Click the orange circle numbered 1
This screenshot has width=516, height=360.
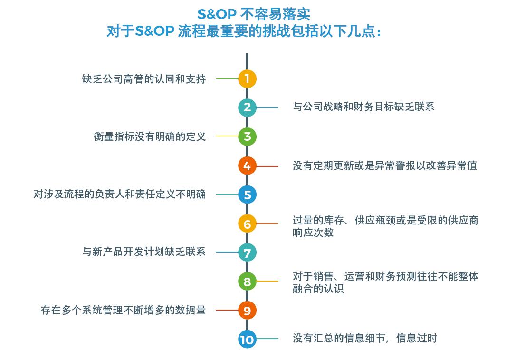click(247, 79)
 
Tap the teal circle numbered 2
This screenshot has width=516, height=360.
click(247, 107)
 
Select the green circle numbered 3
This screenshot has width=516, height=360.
click(247, 136)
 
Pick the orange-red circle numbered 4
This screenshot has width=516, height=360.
click(247, 166)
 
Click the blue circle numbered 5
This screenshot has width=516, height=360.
click(247, 195)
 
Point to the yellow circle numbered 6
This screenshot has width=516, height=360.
click(247, 224)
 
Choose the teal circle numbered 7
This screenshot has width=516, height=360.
click(247, 253)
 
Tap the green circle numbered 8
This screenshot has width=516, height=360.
click(247, 282)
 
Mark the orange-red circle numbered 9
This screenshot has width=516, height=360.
click(247, 310)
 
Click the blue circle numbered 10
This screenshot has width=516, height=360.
click(247, 339)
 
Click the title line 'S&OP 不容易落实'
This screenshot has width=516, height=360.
click(254, 14)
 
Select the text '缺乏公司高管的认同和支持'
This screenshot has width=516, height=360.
click(144, 79)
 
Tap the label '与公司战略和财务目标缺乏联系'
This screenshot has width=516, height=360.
click(363, 107)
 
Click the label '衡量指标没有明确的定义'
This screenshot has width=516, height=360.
click(150, 136)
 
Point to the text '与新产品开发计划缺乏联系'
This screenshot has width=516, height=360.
click(144, 252)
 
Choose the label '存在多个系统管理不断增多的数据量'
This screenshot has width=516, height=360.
click(124, 310)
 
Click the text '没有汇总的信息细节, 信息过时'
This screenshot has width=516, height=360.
click(365, 338)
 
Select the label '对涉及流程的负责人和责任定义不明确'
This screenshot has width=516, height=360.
click(120, 195)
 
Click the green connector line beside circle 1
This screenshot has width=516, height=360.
click(228, 79)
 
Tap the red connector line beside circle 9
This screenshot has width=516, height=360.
click(228, 310)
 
